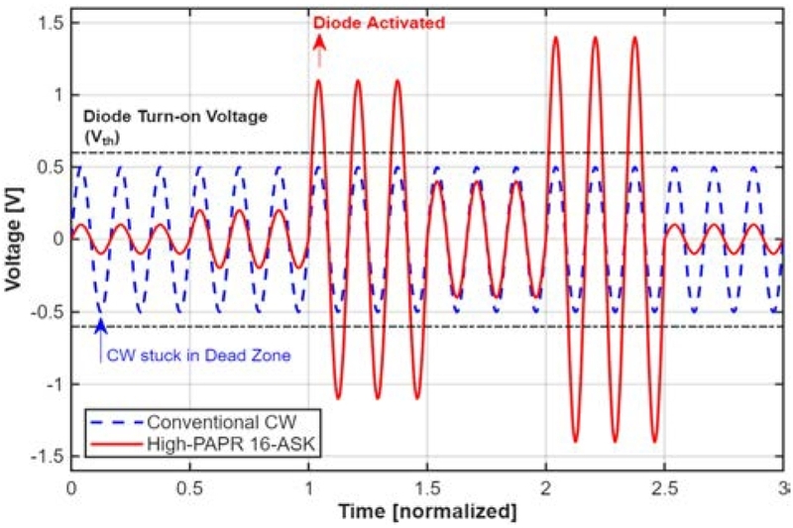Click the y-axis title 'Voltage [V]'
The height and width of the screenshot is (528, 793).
[x=14, y=239]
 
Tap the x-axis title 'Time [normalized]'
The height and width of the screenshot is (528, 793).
[x=426, y=512]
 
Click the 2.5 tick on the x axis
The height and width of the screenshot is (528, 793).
[x=664, y=489]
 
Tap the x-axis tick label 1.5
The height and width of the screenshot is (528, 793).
[x=427, y=489]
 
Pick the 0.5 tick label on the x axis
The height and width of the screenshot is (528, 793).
[x=189, y=489]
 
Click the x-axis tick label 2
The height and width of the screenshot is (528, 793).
[x=546, y=489]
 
